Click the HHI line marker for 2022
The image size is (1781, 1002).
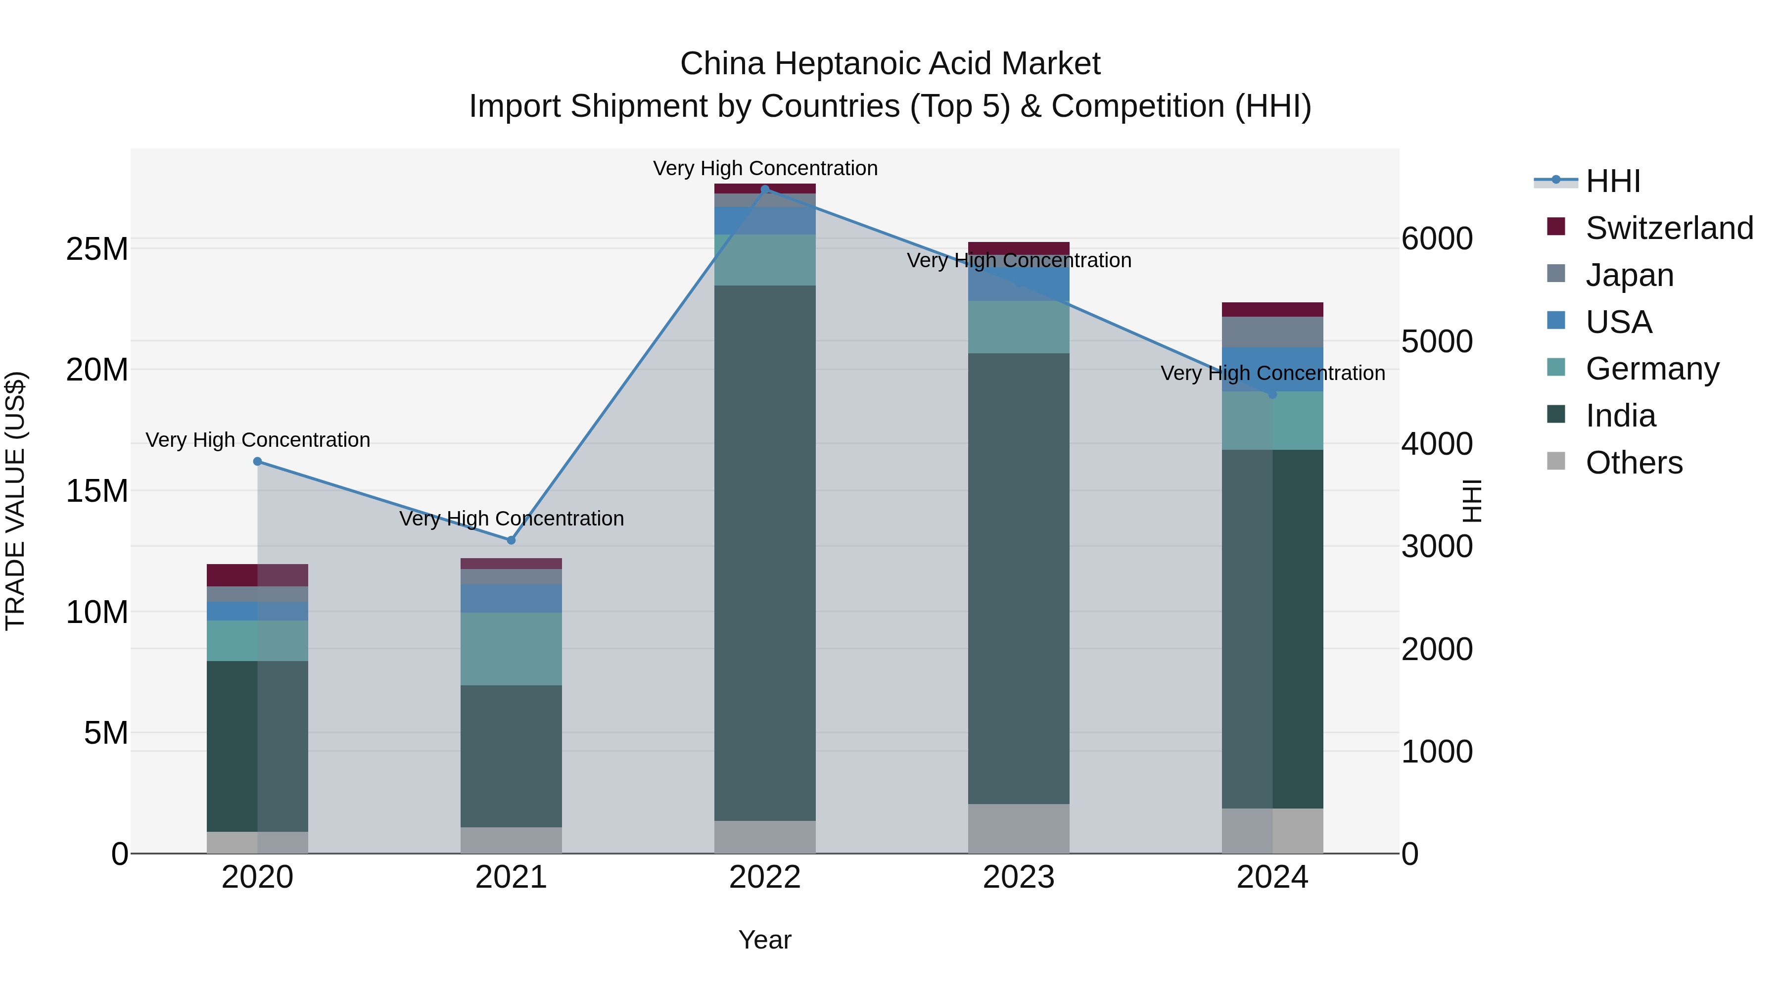click(765, 190)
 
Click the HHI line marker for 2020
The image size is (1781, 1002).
click(257, 461)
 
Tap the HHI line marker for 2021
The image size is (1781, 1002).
click(511, 540)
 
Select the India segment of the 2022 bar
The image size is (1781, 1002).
click(765, 553)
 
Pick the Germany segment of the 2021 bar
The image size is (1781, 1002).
click(511, 649)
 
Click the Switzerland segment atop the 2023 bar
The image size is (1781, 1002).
click(1019, 248)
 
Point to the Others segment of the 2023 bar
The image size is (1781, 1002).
click(1019, 828)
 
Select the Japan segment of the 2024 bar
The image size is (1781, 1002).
click(1272, 332)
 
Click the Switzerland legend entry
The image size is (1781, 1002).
click(1669, 228)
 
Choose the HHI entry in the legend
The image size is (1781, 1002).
click(1612, 181)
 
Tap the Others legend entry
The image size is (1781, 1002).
click(1634, 463)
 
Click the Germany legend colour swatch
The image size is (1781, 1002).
click(1555, 367)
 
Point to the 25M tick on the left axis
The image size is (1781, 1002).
click(97, 249)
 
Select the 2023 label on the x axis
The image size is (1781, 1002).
click(1019, 877)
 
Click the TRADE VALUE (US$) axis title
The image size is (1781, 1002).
click(15, 501)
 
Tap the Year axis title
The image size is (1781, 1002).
click(765, 940)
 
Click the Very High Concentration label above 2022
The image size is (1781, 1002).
click(765, 168)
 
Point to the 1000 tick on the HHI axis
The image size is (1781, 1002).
click(1437, 752)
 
